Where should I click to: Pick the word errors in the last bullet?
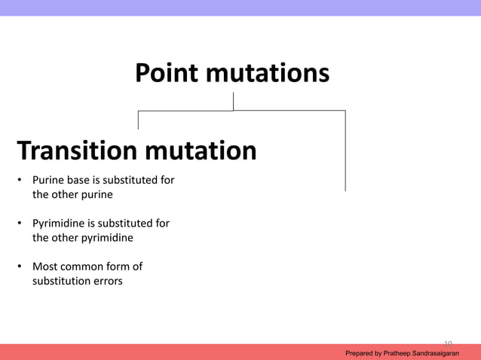[105, 281]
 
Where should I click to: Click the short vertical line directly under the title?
[233, 101]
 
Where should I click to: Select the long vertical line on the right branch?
[345, 151]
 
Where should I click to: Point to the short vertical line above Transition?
[138, 120]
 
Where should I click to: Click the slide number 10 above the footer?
[448, 341]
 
